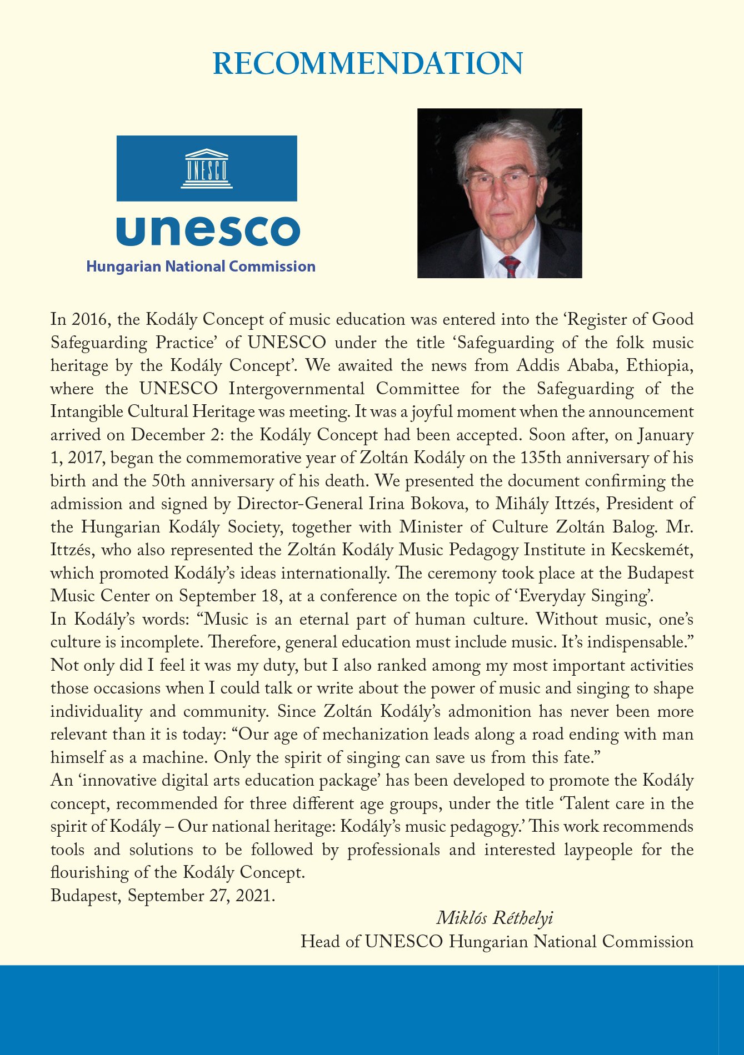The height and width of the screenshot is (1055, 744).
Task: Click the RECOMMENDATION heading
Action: pos(368,64)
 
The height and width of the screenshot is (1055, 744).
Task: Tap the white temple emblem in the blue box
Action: pos(207,168)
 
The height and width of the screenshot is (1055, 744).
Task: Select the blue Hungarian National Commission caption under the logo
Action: pos(201,267)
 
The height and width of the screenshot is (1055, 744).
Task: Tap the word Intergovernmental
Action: pos(297,389)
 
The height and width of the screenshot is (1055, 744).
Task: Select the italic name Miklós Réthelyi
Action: pos(495,918)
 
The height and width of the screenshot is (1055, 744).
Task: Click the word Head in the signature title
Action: pos(322,942)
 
